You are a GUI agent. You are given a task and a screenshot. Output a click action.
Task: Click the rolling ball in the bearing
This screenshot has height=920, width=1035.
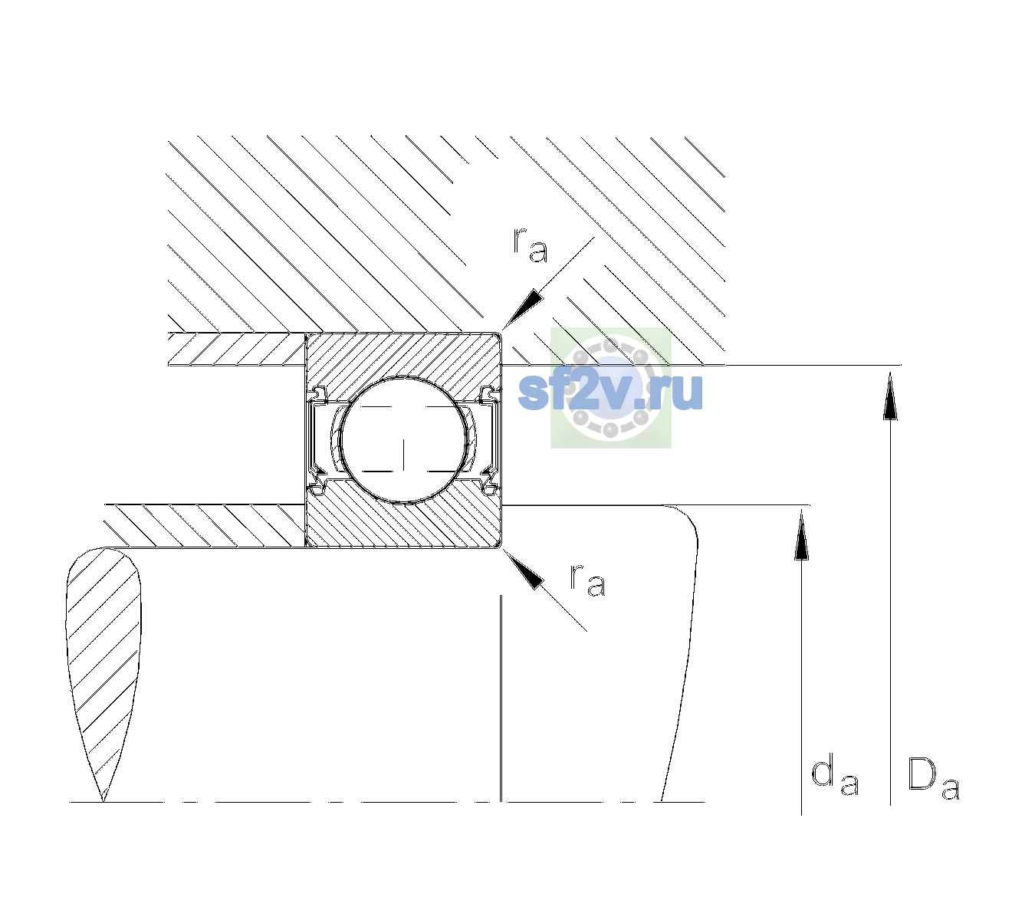[x=403, y=440]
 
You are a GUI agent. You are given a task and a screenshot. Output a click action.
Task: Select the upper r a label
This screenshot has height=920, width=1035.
[x=531, y=245]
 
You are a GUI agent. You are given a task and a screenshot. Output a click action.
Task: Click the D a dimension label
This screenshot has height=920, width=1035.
[x=933, y=778]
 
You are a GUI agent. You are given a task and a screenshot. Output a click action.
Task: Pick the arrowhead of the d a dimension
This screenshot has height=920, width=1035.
[x=801, y=534]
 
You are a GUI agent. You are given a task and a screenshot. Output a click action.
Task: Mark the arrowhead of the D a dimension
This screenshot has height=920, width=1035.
[x=890, y=396]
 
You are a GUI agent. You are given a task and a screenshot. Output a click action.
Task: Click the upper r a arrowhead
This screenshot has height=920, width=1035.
[x=523, y=309]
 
